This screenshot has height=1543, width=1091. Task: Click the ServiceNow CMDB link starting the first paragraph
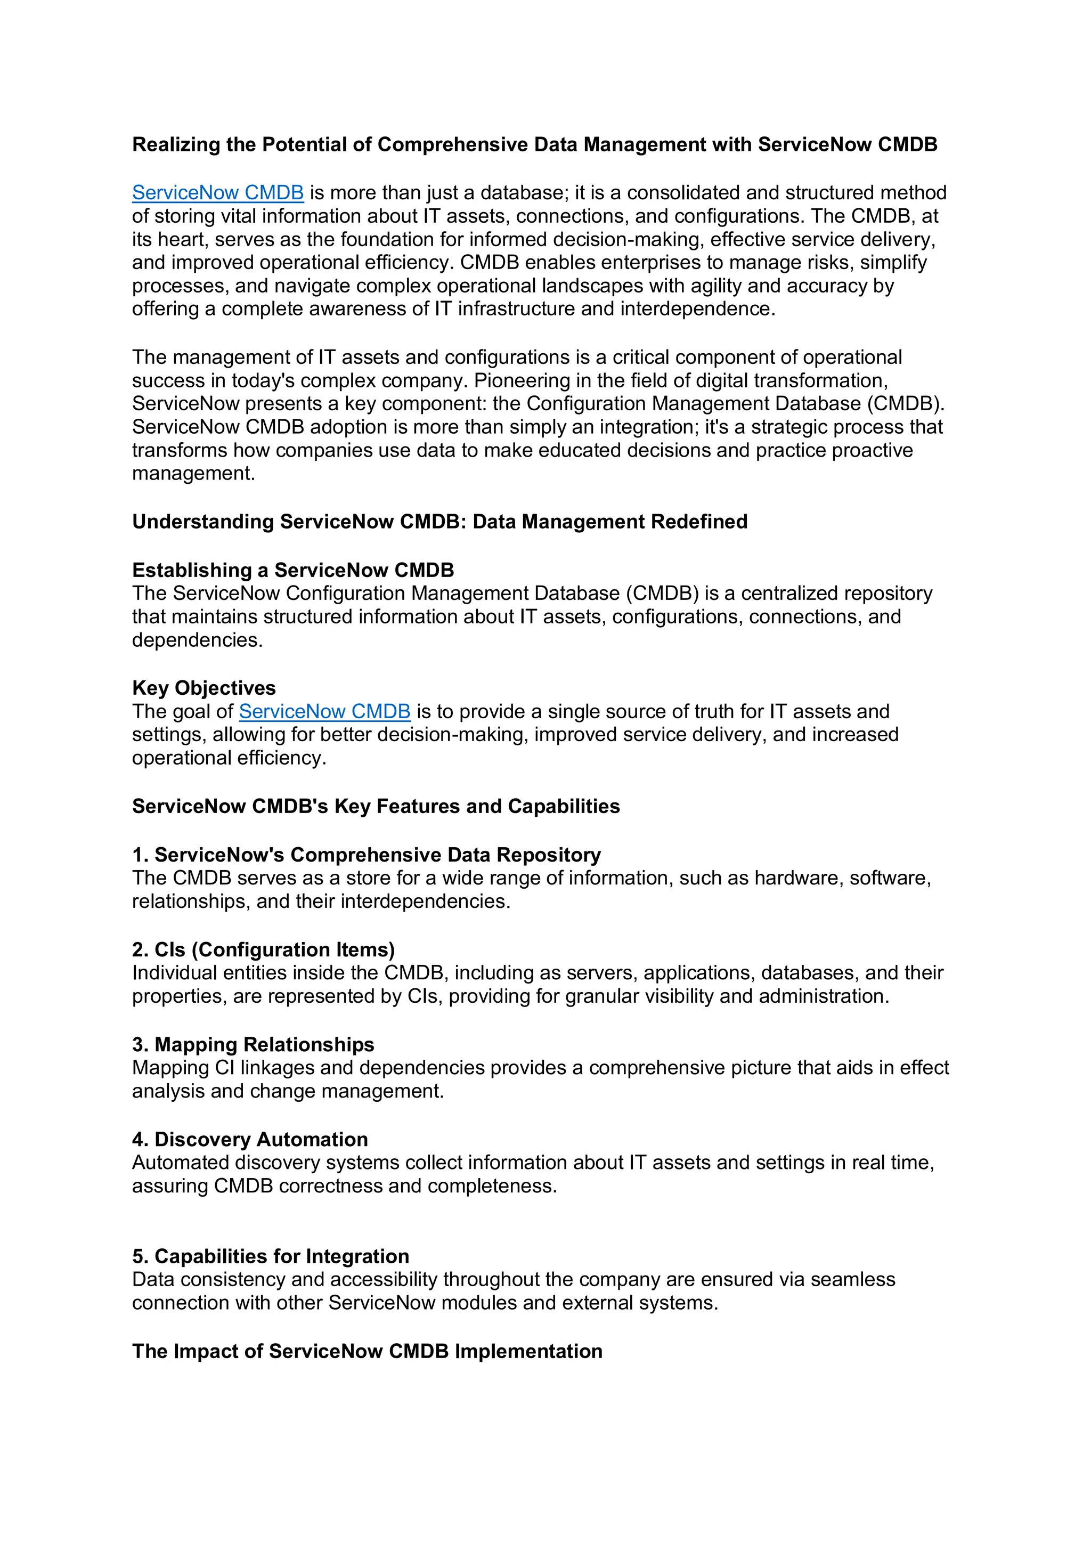click(x=218, y=193)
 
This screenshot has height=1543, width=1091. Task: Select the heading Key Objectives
click(x=203, y=688)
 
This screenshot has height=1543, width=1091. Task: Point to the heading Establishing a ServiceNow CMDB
click(x=293, y=571)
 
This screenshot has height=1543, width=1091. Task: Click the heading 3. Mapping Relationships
click(x=253, y=1044)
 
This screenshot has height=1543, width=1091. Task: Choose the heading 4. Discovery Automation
click(x=250, y=1139)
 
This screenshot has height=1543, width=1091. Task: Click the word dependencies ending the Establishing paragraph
click(x=196, y=640)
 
